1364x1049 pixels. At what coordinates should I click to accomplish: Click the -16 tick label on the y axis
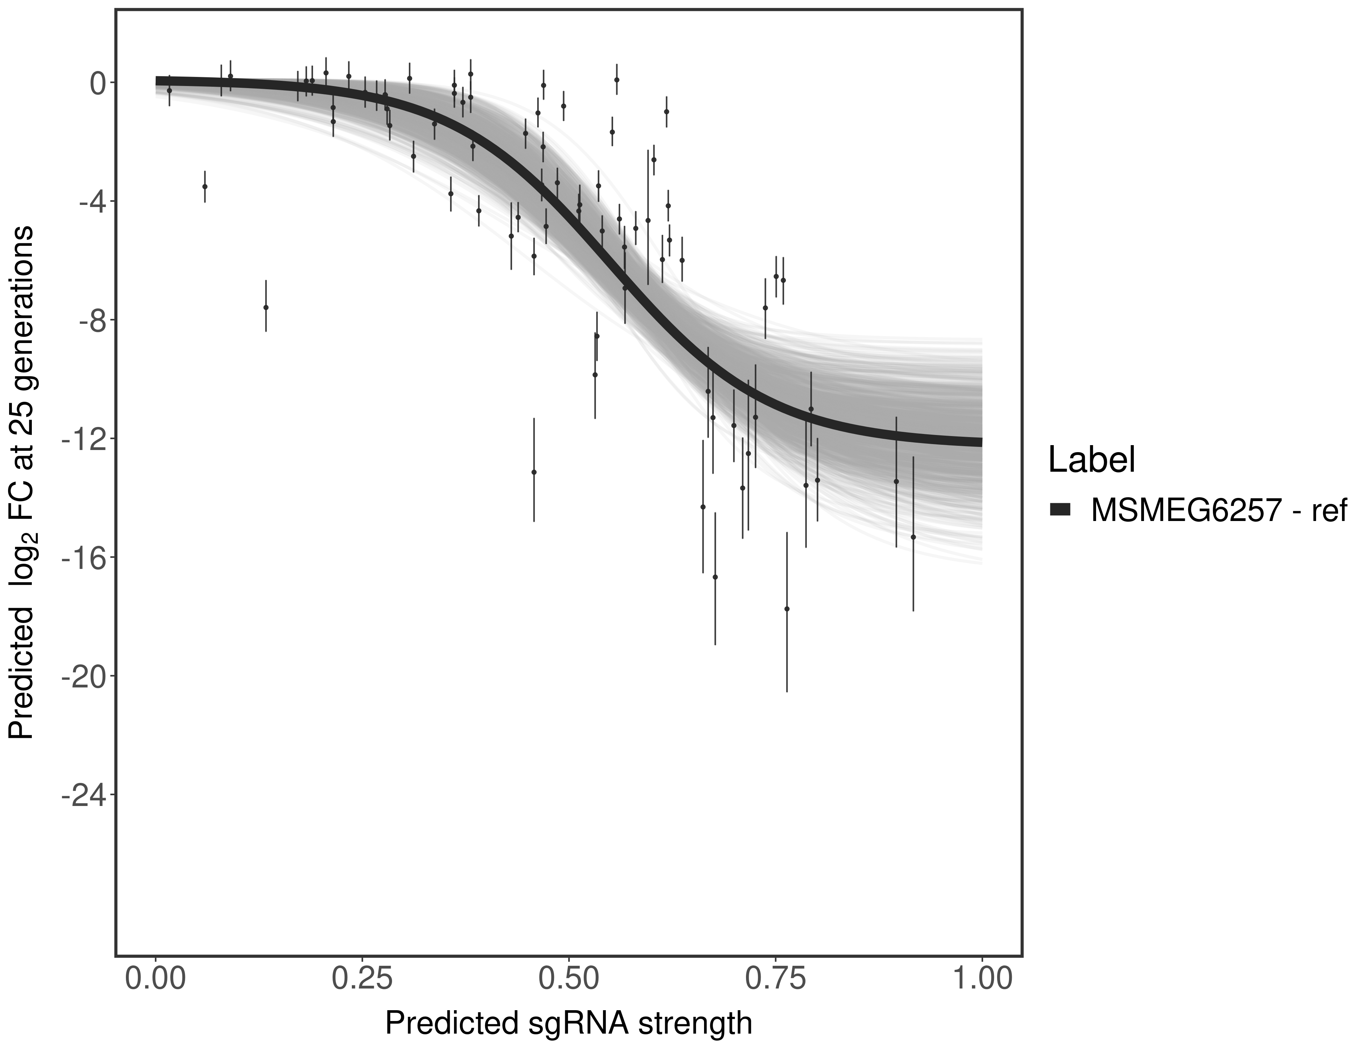tap(80, 558)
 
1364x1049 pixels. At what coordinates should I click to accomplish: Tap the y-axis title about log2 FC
tap(21, 482)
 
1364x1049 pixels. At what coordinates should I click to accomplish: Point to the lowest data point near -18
tap(787, 609)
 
